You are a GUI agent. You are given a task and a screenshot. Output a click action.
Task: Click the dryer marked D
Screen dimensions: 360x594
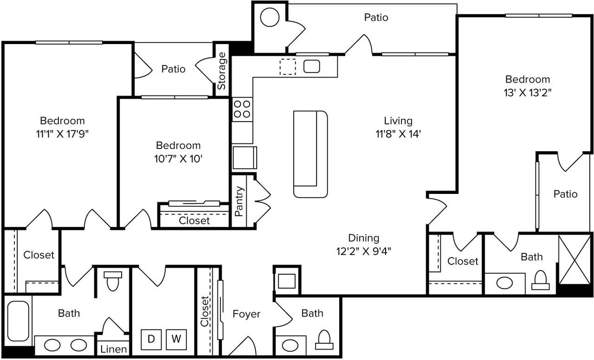point(151,339)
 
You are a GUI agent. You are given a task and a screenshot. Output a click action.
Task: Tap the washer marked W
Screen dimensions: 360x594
point(176,339)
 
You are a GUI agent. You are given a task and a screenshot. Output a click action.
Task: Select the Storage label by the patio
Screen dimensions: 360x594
point(222,71)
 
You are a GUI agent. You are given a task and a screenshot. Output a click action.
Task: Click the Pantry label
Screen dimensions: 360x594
point(240,201)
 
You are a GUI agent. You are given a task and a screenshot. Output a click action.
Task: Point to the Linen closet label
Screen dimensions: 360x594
point(114,349)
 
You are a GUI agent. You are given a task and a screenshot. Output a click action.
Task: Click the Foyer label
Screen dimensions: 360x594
point(246,314)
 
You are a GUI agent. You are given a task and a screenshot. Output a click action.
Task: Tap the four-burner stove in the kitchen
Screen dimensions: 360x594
point(242,109)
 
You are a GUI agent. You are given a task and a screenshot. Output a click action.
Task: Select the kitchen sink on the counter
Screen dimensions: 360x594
point(312,66)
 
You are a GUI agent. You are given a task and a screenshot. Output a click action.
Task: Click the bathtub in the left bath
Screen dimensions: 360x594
point(19,321)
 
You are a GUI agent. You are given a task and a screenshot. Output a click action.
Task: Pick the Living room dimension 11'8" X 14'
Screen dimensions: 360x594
point(398,135)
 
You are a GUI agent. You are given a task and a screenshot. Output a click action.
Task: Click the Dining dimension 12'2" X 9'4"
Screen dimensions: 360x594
point(363,251)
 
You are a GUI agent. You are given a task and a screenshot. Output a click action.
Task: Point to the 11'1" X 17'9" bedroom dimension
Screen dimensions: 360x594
point(62,134)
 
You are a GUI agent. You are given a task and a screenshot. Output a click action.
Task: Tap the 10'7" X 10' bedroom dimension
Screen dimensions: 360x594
point(178,158)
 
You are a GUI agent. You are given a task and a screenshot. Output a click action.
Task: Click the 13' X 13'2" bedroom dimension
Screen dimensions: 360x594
point(527,93)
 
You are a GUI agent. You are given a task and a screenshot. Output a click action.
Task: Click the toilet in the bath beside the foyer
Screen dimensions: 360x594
point(324,339)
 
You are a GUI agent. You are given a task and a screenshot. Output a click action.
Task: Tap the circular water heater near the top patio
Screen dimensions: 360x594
point(269,18)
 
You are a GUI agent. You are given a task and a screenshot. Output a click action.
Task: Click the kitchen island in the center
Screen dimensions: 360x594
point(310,154)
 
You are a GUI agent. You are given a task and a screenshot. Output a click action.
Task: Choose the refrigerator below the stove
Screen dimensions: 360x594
point(243,158)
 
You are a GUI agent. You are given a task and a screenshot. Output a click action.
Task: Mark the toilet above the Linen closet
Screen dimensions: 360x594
point(113,281)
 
